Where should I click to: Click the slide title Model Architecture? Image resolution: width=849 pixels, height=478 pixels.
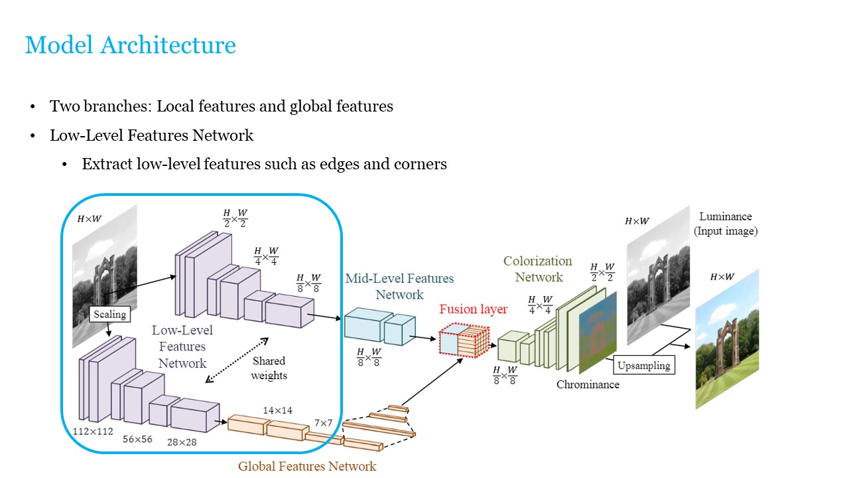click(130, 45)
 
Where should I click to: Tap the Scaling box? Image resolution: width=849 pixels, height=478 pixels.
click(109, 313)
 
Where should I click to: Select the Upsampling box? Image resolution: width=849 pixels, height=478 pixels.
click(643, 365)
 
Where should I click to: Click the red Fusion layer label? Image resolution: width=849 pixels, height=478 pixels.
click(473, 309)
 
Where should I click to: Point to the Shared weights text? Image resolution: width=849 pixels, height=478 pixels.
click(269, 368)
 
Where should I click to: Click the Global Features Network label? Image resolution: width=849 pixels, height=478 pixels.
click(307, 466)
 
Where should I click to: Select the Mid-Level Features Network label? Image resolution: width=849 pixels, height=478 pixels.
click(399, 286)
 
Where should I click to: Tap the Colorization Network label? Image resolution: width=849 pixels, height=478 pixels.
click(537, 269)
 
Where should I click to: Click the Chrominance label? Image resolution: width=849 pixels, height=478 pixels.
click(588, 384)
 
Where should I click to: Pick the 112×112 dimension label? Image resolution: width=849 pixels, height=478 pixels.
click(93, 432)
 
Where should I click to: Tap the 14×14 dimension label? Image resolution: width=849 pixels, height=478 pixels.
click(277, 410)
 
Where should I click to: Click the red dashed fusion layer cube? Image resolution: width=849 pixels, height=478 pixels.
click(464, 341)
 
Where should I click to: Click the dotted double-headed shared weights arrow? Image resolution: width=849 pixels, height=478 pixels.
click(237, 360)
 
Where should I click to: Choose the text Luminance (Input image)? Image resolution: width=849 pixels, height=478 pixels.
click(726, 224)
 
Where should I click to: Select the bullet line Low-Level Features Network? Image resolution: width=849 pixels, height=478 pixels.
click(151, 135)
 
